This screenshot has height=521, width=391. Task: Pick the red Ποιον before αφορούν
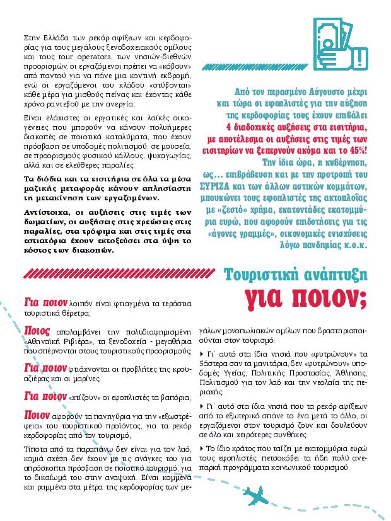37,415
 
